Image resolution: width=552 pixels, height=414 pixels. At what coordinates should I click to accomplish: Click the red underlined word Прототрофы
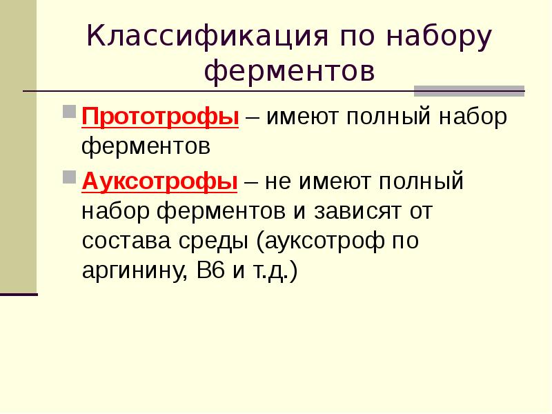pos(160,117)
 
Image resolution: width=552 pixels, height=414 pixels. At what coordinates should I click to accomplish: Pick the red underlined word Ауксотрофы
pos(160,182)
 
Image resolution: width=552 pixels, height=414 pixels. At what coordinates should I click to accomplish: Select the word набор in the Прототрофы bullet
pos(475,117)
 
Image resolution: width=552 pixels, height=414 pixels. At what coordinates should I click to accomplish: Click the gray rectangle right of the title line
pos(469,90)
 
